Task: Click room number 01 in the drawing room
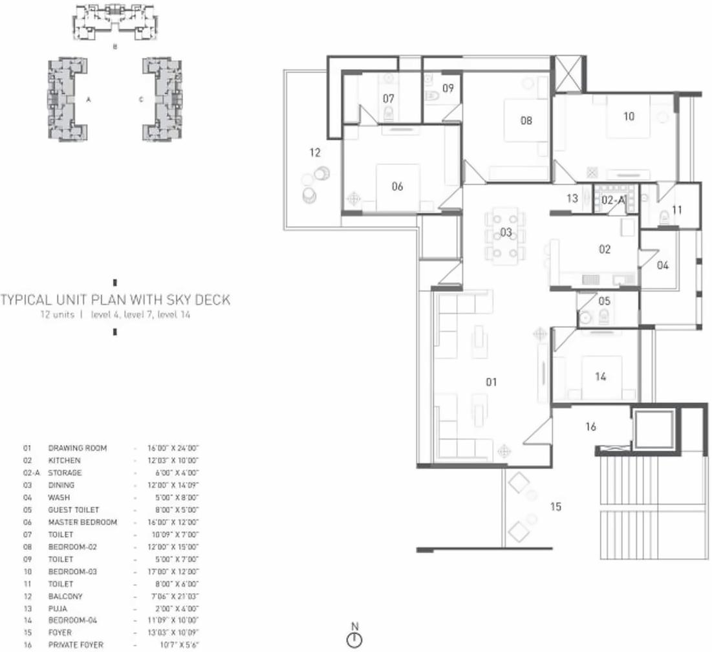(x=491, y=382)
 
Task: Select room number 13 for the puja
(x=572, y=199)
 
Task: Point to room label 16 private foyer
(x=590, y=427)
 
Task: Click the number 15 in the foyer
(x=556, y=506)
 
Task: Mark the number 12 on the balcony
(x=315, y=153)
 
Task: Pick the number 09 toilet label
(x=448, y=88)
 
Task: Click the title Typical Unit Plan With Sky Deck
(x=115, y=300)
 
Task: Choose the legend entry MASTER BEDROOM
(x=82, y=522)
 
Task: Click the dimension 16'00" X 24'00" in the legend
(x=173, y=448)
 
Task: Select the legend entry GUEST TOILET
(x=73, y=510)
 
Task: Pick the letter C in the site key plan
(x=140, y=100)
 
